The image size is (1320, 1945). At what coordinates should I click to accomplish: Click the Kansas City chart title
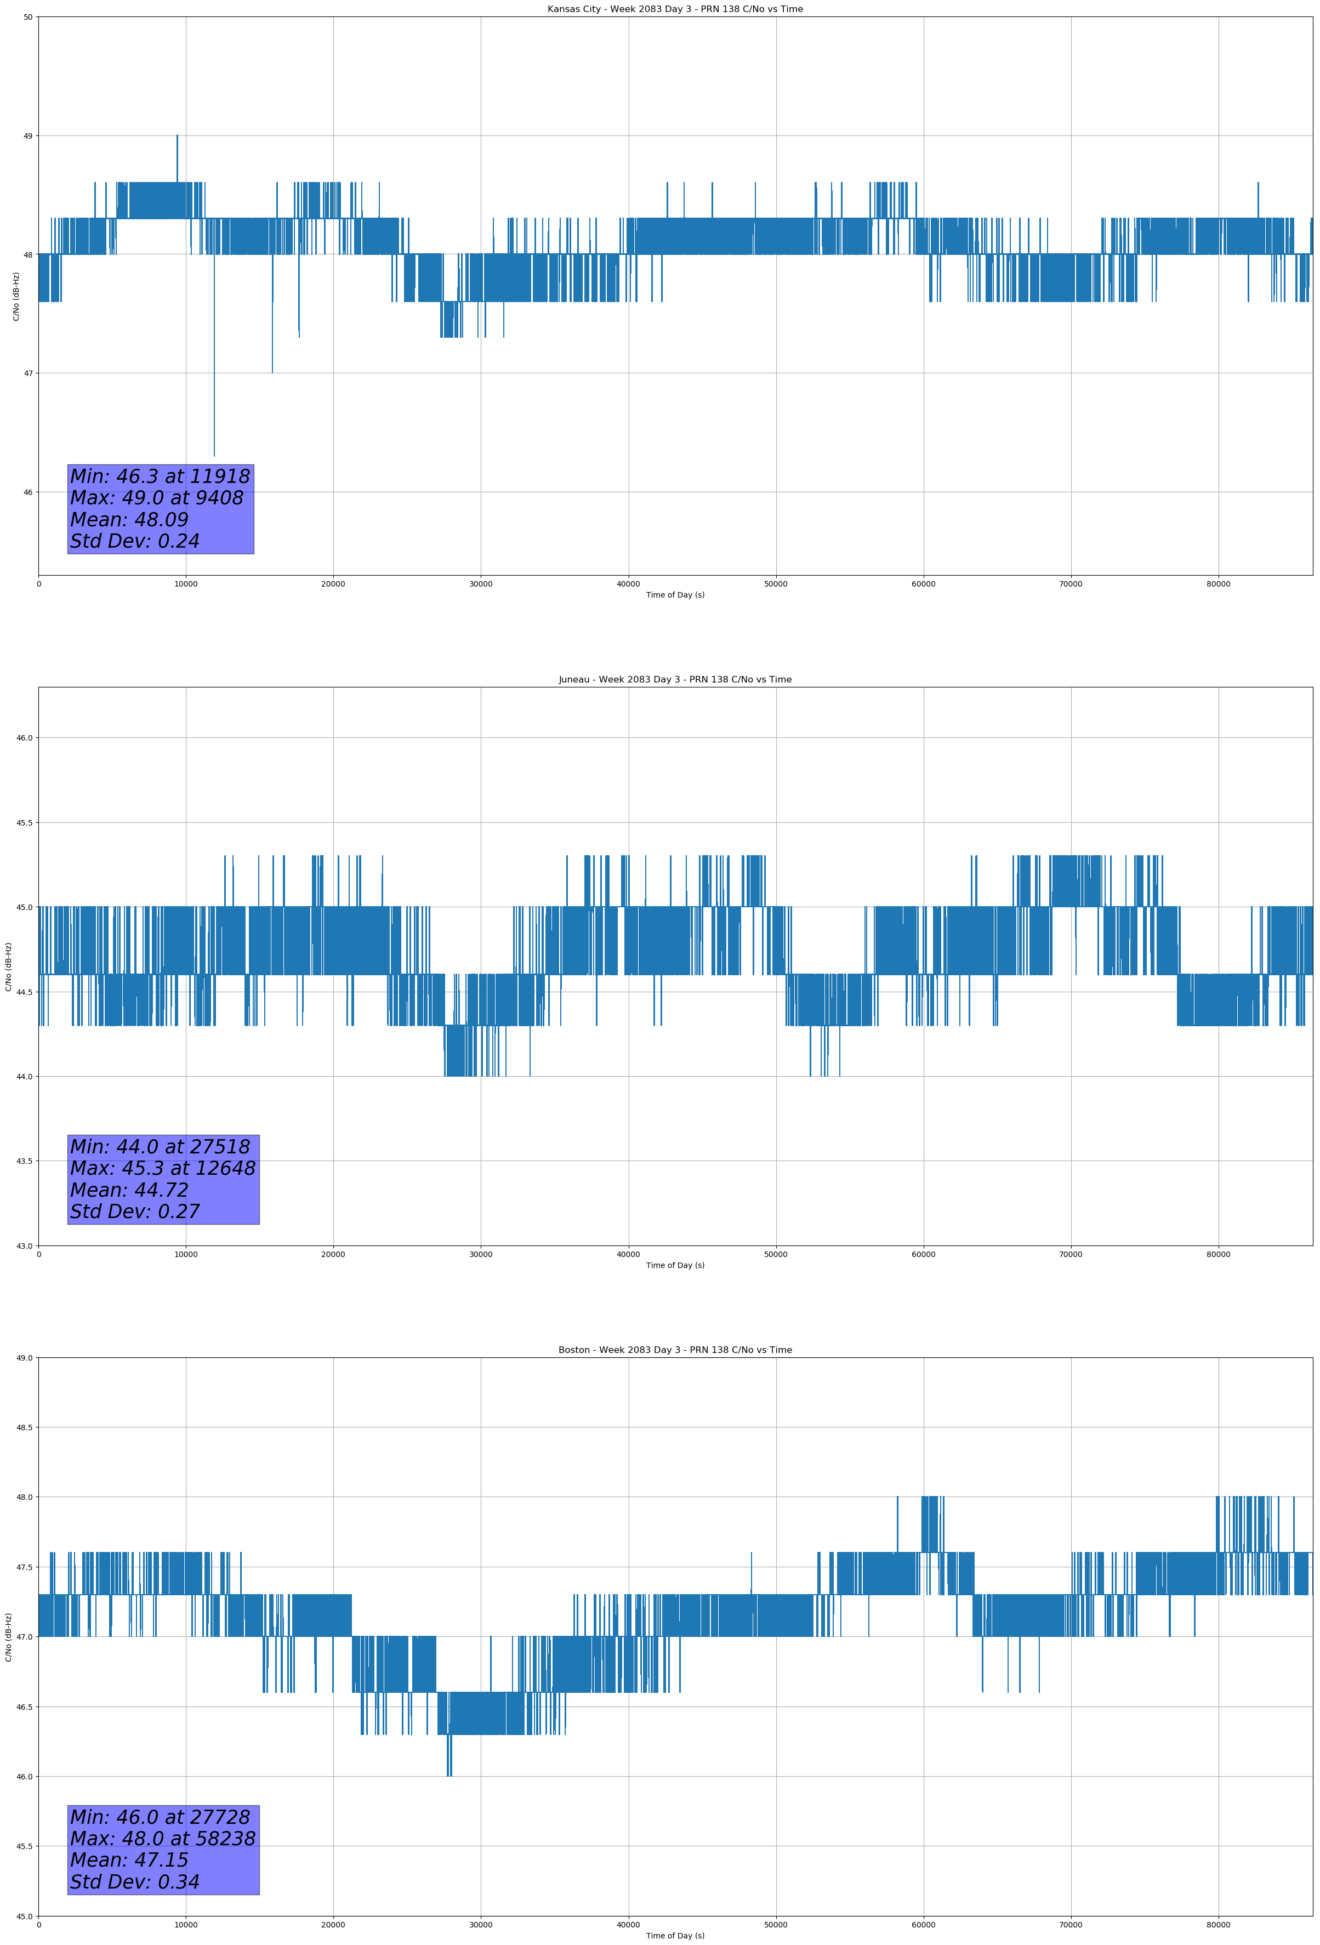pyautogui.click(x=675, y=9)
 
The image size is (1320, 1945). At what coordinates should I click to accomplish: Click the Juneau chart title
pyautogui.click(x=675, y=680)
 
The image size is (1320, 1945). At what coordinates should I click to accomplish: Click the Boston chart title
pyautogui.click(x=675, y=1350)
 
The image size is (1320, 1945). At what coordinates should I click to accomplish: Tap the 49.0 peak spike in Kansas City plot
pyautogui.click(x=178, y=137)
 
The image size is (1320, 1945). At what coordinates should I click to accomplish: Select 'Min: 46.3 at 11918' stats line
pyautogui.click(x=160, y=476)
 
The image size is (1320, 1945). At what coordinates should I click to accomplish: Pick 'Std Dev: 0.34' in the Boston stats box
pyautogui.click(x=135, y=1882)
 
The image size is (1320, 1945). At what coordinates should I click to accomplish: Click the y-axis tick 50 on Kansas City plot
pyautogui.click(x=29, y=17)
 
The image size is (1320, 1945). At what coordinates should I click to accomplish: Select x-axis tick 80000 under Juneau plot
pyautogui.click(x=1218, y=1254)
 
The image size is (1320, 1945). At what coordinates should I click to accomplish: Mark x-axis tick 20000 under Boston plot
pyautogui.click(x=333, y=1925)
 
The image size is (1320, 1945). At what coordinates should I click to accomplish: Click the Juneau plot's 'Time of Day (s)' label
pyautogui.click(x=675, y=1265)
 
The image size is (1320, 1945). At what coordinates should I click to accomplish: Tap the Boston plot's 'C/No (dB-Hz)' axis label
pyautogui.click(x=8, y=1637)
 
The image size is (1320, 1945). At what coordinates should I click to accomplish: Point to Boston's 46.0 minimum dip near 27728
pyautogui.click(x=450, y=1775)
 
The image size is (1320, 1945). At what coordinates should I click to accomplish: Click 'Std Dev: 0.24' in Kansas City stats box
pyautogui.click(x=135, y=542)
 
